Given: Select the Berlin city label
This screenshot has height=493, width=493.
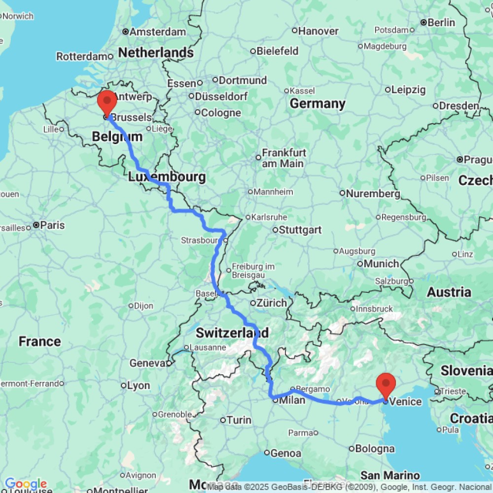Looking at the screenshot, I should pos(441,22).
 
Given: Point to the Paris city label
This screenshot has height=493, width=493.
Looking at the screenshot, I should pos(53,225).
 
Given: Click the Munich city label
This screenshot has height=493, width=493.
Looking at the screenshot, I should pos(382,264).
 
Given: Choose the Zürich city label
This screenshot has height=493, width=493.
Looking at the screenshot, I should pos(272,303).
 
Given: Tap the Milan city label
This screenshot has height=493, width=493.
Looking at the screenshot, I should pos(292,400).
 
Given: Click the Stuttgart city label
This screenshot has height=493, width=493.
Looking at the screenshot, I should pos(300,230).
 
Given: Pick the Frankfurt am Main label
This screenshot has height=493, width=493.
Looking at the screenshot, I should pos(283,158).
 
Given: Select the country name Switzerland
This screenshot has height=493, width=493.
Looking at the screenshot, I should pos(232,333).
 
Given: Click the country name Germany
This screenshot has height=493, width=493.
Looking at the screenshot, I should pos(317,104).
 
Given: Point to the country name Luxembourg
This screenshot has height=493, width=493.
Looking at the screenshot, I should pos(167,176).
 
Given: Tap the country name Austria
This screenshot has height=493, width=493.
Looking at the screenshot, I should pos(449,292).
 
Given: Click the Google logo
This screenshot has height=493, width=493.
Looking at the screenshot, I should pos(25,484).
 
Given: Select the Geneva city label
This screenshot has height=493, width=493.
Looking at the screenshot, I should pos(146,363).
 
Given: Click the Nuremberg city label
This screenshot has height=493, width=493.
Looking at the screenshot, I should pos(373,194).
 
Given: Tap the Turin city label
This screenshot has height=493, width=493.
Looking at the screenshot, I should pos(239,420).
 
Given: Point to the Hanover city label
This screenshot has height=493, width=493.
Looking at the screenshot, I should pos(318,31).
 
